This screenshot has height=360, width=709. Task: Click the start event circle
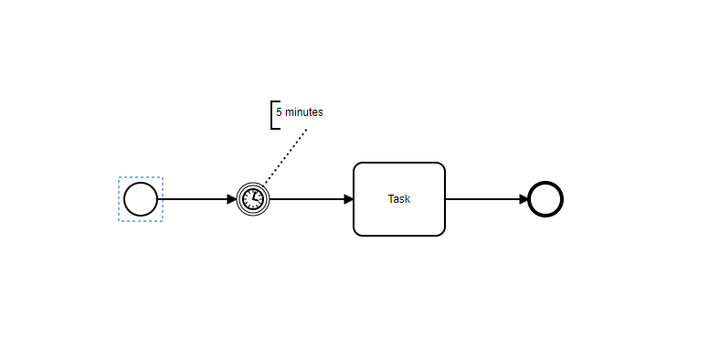tap(141, 199)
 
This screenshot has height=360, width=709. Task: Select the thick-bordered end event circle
tap(545, 199)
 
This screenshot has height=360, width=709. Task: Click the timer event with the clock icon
tap(253, 199)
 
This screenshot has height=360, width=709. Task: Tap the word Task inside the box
tap(399, 199)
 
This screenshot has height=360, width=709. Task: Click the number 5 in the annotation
tap(279, 112)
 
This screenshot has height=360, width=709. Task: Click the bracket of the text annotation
tap(272, 114)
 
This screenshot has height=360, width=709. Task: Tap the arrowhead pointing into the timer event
tap(232, 199)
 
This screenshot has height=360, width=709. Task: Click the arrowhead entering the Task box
tap(348, 199)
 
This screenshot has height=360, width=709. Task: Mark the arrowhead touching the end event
tap(524, 199)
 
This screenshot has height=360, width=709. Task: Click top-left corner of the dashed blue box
tap(120, 178)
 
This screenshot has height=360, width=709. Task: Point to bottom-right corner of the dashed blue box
tap(162, 220)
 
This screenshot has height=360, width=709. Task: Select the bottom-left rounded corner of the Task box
tap(357, 232)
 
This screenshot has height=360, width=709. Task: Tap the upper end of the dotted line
tap(306, 130)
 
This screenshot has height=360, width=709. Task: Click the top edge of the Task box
tap(399, 163)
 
